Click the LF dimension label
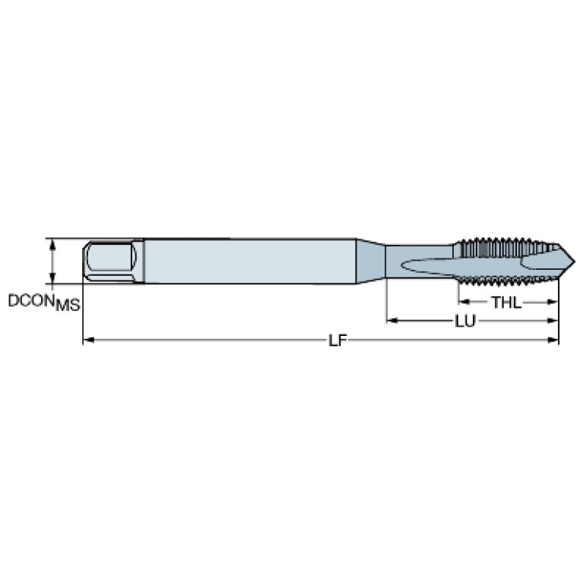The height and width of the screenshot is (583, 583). [x=337, y=341]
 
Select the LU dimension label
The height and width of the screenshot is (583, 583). [x=465, y=322]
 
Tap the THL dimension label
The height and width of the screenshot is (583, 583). [x=507, y=303]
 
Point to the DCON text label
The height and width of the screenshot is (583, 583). [x=32, y=300]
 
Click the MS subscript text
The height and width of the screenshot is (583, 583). [x=68, y=306]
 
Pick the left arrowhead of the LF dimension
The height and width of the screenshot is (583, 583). [x=87, y=340]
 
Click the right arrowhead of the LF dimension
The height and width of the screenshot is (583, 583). [x=553, y=340]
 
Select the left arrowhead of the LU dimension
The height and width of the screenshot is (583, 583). [x=392, y=321]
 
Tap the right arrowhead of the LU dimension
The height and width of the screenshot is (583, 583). [x=553, y=321]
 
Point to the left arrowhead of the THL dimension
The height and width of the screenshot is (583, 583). [x=464, y=302]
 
